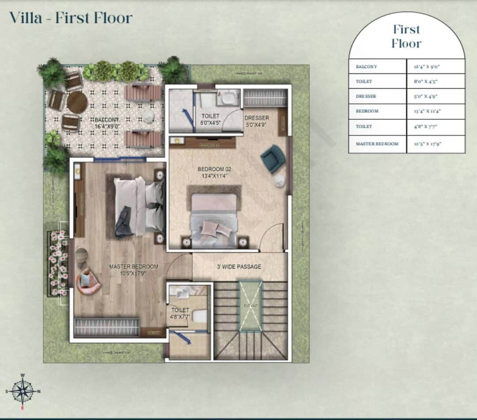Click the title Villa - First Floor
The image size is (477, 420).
tap(71, 18)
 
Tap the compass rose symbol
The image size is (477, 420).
tap(22, 390)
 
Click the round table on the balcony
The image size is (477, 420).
tap(78, 102)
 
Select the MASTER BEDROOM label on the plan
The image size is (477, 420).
tap(133, 270)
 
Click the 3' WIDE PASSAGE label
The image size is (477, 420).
tap(238, 267)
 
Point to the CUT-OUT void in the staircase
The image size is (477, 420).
tap(250, 305)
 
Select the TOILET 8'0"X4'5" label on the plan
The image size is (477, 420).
tap(210, 119)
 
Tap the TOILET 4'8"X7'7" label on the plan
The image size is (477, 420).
tap(180, 313)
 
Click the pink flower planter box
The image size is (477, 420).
tap(57, 263)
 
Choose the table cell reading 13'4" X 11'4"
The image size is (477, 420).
tap(435, 111)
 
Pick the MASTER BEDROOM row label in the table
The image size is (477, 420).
tap(377, 144)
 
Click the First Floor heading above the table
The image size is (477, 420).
tap(406, 36)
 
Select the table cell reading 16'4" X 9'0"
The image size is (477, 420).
tap(435, 66)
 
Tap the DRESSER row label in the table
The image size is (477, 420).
tap(366, 96)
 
